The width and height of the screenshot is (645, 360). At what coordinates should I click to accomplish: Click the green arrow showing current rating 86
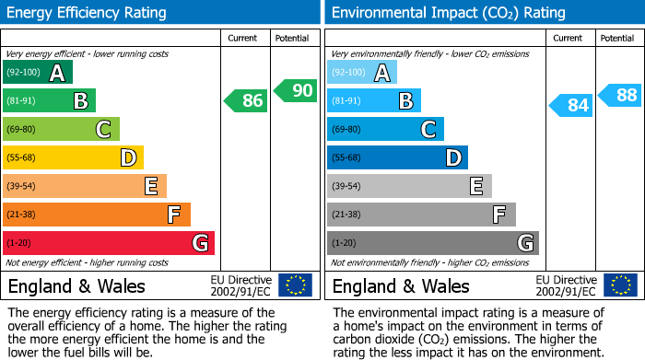247,100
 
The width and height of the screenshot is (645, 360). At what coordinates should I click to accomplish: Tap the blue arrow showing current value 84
571,105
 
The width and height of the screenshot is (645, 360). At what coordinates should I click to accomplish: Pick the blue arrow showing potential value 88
620,95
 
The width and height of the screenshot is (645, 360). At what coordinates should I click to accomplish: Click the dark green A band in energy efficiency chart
38,72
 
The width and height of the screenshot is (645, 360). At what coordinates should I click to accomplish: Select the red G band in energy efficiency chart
109,243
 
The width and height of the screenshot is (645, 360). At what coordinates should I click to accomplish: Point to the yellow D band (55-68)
73,157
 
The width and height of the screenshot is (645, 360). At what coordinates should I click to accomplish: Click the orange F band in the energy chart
97,215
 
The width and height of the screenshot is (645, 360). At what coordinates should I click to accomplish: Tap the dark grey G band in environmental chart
432,243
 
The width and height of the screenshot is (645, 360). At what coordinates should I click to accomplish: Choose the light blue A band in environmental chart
362,72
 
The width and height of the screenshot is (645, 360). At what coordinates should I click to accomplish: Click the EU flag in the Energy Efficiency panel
295,285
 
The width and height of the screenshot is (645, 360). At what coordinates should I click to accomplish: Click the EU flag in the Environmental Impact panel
619,285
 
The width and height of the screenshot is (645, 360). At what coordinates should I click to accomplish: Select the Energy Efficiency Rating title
88,13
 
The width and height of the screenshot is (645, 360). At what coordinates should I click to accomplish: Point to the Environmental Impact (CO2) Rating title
448,13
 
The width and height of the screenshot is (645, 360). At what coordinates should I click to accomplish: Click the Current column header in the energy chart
244,38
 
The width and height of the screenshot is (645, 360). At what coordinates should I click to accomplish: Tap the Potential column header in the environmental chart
617,38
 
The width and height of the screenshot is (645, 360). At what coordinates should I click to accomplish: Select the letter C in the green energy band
104,129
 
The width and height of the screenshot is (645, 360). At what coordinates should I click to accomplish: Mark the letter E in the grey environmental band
476,186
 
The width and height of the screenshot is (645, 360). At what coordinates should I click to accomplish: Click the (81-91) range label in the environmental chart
347,100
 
